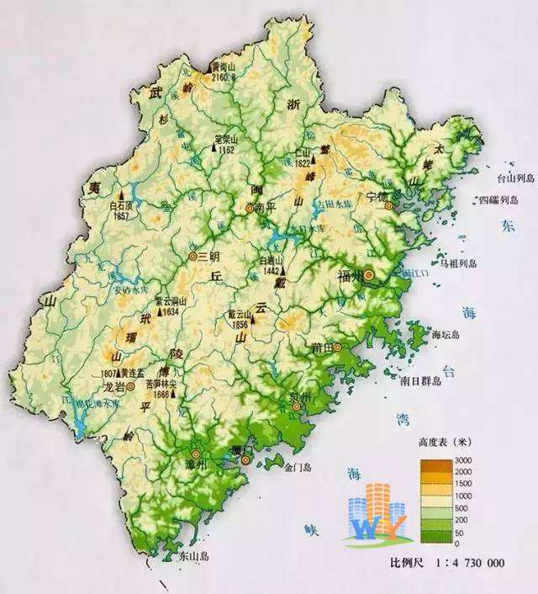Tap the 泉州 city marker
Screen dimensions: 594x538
[x=296, y=406]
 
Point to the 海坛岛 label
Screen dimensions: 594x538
[x=446, y=334]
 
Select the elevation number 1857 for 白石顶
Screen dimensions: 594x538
[x=122, y=216]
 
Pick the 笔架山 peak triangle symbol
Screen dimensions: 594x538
[x=214, y=149]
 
